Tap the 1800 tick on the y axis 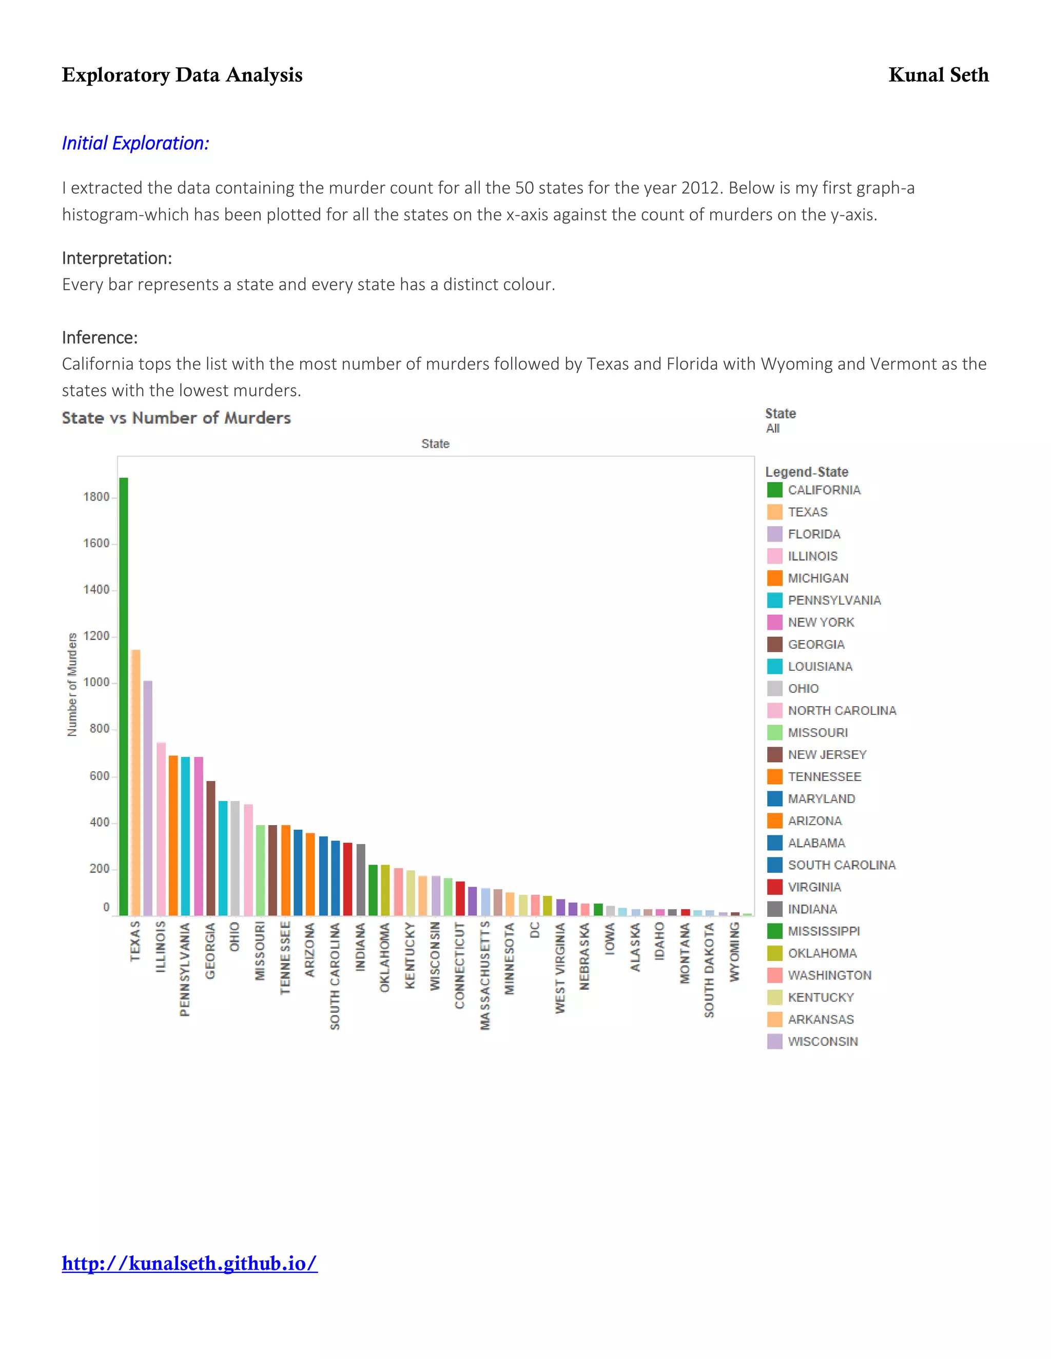pos(96,496)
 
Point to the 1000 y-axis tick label pos(96,682)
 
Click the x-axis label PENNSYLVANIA pos(185,969)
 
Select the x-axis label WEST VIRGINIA pos(560,968)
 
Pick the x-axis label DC pos(535,930)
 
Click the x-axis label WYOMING pos(735,952)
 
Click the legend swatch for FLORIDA pos(774,534)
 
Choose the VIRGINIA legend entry pos(814,887)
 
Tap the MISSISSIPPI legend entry pos(823,931)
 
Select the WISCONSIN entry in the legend pos(823,1041)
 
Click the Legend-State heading pos(806,472)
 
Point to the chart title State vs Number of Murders pos(176,417)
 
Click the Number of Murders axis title pos(72,685)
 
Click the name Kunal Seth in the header pos(938,75)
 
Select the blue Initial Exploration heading pos(135,143)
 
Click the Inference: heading pos(100,337)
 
